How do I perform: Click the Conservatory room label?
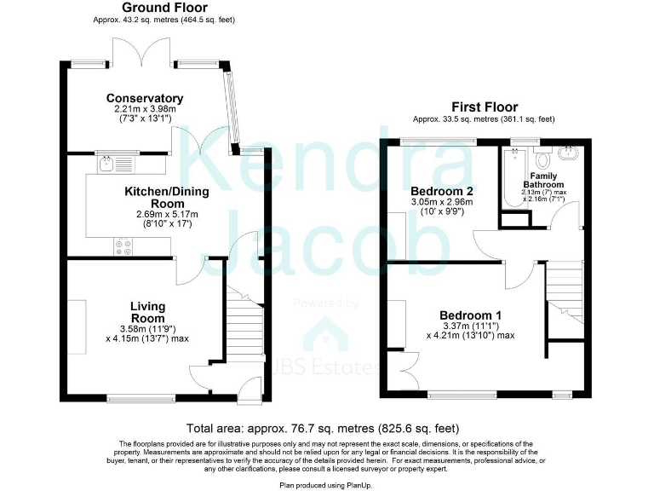point(145,99)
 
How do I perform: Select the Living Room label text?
point(147,313)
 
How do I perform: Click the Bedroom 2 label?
point(441,190)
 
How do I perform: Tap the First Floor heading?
point(485,107)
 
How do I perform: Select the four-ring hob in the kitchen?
point(123,245)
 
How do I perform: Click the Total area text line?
point(327,429)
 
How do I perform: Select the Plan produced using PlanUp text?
point(327,483)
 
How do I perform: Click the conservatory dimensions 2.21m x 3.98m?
point(145,110)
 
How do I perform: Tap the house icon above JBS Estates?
point(326,333)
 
